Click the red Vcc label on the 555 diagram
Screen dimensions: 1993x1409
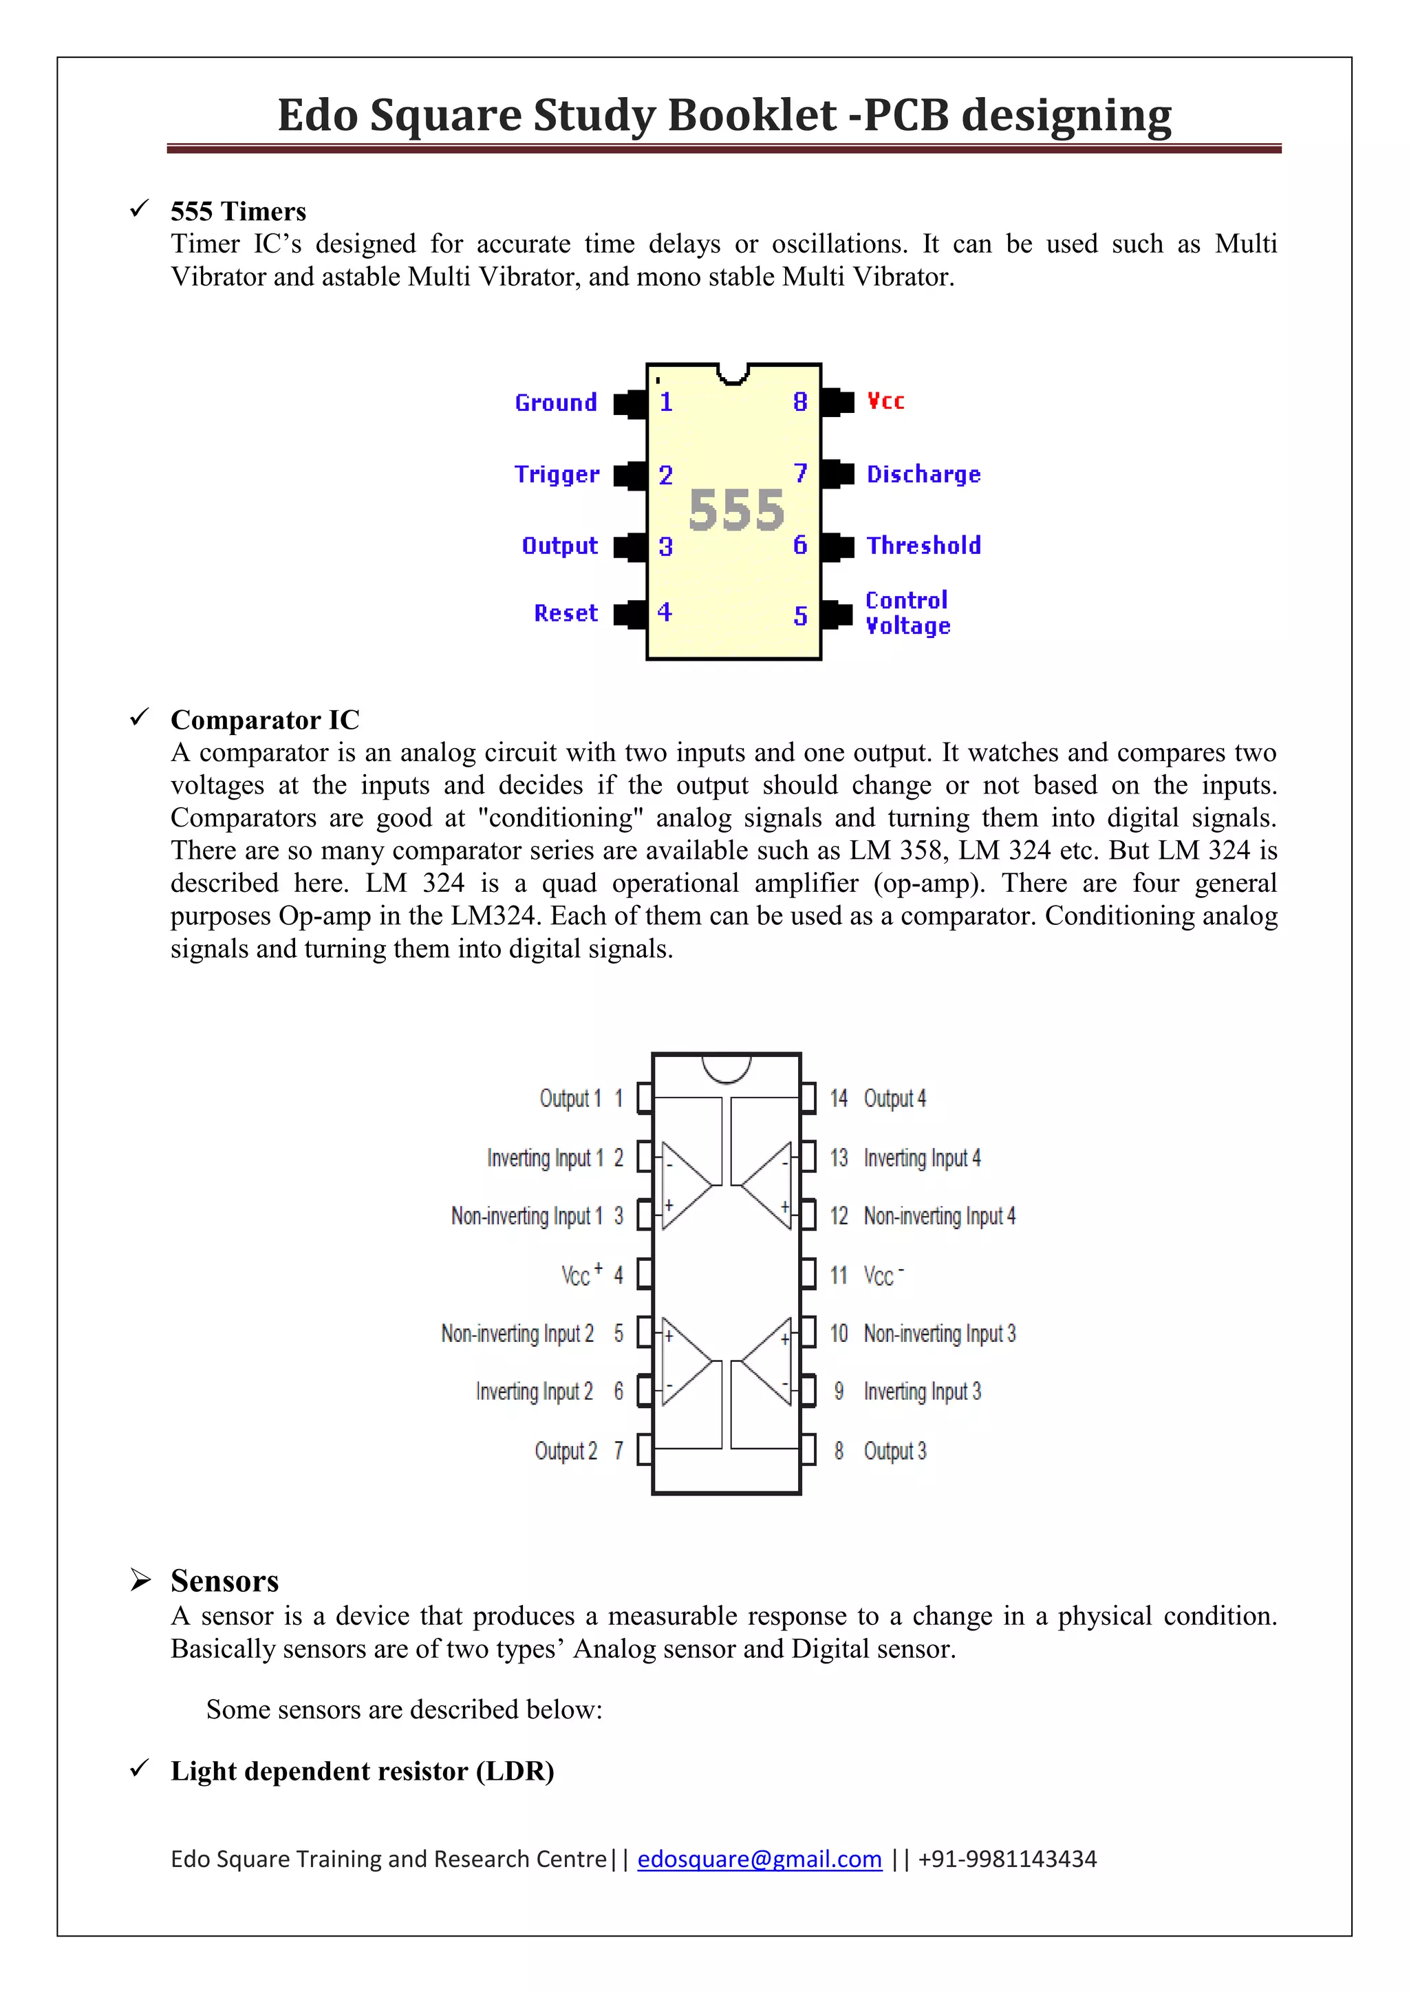(x=885, y=401)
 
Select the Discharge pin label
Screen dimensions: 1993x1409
(x=923, y=475)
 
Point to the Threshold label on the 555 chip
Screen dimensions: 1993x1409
(x=923, y=546)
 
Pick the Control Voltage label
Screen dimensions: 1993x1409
(x=907, y=612)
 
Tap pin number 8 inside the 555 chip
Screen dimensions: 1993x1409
(x=800, y=402)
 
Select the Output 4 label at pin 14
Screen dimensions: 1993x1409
(x=894, y=1099)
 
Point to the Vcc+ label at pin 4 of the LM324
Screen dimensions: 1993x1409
(x=581, y=1275)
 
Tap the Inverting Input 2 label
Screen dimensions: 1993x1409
(x=535, y=1392)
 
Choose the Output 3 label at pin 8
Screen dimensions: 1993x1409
(x=894, y=1451)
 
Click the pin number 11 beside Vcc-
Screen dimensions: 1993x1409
(x=838, y=1276)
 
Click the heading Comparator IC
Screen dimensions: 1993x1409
(x=265, y=720)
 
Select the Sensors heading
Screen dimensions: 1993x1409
(x=225, y=1581)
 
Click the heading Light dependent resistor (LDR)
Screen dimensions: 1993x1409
(x=362, y=1771)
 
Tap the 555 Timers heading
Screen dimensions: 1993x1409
(x=239, y=212)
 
